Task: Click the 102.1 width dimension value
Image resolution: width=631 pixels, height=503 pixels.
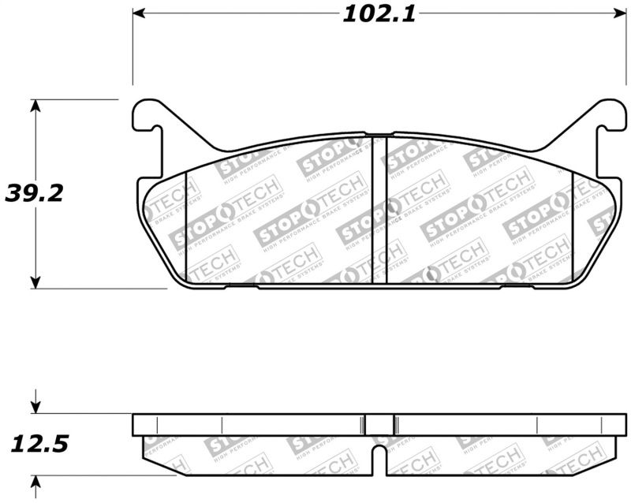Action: click(x=379, y=14)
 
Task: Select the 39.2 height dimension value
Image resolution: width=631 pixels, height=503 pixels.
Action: click(x=34, y=193)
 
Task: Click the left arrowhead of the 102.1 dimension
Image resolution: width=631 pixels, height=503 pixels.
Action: click(x=140, y=14)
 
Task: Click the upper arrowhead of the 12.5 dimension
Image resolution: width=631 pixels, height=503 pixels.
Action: click(x=35, y=408)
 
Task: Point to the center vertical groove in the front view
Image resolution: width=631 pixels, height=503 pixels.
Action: click(x=379, y=209)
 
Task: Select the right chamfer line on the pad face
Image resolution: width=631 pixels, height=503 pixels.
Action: click(x=572, y=225)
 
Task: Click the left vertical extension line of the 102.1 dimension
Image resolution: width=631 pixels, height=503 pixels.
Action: click(x=133, y=47)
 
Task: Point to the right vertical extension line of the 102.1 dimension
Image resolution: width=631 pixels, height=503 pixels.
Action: click(x=625, y=47)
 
